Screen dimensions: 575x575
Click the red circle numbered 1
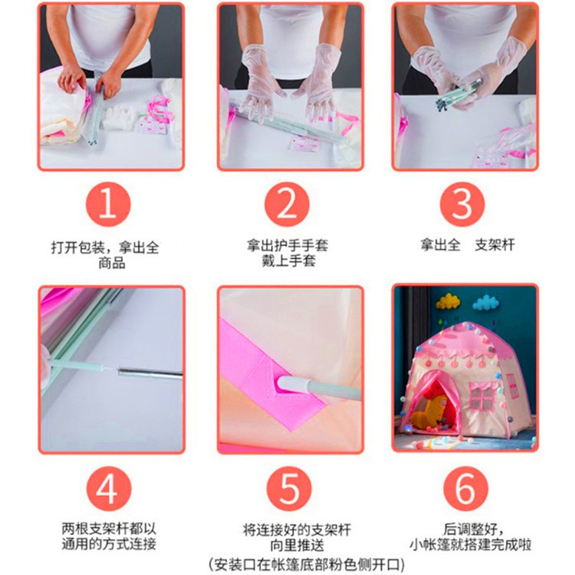coord(108,204)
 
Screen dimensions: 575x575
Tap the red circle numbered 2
coord(287,204)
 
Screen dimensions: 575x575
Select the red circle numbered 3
coord(462,204)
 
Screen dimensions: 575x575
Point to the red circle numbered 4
coord(109,489)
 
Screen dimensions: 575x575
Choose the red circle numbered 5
coord(289,489)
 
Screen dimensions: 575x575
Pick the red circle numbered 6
coord(465,489)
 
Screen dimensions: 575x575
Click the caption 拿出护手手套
coord(287,245)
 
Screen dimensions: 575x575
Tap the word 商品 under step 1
coord(112,262)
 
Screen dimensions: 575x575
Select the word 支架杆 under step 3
coord(495,245)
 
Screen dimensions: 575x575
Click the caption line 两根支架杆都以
coord(109,528)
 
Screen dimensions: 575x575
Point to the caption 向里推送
coord(297,545)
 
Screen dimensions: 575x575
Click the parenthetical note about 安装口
coord(307,564)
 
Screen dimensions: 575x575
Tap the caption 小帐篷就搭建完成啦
coord(471,544)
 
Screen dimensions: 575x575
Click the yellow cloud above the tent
coord(448,301)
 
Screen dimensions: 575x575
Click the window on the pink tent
coord(482,398)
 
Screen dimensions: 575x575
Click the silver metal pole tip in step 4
coord(150,373)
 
